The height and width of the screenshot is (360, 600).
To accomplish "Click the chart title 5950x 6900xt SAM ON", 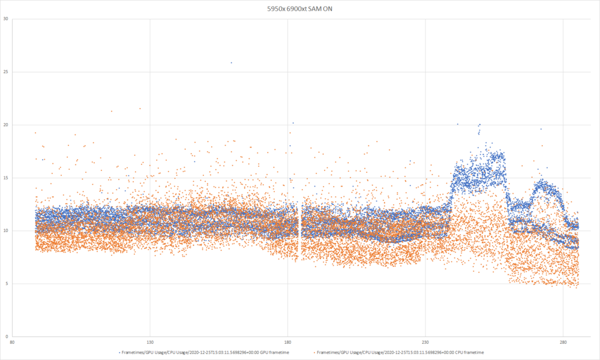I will click(x=299, y=8).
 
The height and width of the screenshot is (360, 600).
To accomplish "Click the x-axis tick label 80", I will click(x=13, y=344).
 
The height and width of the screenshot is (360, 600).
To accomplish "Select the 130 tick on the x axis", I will click(x=150, y=344).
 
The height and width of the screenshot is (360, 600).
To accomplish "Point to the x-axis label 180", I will click(x=288, y=344).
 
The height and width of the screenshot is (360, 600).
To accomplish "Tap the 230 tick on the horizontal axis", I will click(x=425, y=344).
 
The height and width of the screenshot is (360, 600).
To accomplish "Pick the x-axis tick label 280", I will click(x=563, y=344).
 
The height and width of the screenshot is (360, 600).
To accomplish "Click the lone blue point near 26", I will click(x=231, y=62).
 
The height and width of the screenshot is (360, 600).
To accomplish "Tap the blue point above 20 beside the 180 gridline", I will click(x=293, y=123).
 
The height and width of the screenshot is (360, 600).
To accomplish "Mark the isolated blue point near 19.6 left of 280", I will click(x=541, y=129).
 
